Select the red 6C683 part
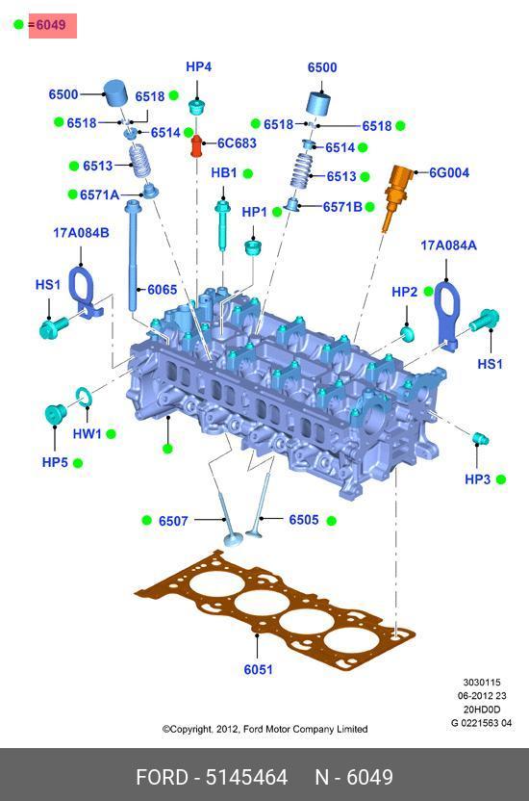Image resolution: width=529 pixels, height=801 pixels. pyautogui.click(x=197, y=145)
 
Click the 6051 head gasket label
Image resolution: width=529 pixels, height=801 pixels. pyautogui.click(x=258, y=669)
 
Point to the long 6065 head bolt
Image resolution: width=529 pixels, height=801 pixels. pyautogui.click(x=134, y=255)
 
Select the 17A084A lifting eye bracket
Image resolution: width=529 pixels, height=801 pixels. pyautogui.click(x=448, y=316)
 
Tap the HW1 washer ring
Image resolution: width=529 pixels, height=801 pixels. pyautogui.click(x=84, y=397)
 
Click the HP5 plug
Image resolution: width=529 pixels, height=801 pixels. pyautogui.click(x=55, y=414)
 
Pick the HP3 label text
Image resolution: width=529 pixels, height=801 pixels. pyautogui.click(x=477, y=479)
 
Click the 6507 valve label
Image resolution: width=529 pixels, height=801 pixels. pyautogui.click(x=173, y=521)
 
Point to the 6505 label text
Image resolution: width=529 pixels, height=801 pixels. pyautogui.click(x=304, y=520)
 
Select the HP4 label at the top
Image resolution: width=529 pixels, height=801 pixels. pyautogui.click(x=198, y=66)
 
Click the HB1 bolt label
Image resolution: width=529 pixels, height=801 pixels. pyautogui.click(x=224, y=173)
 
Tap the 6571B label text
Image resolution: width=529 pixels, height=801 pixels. pyautogui.click(x=342, y=207)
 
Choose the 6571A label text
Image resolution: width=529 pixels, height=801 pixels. pyautogui.click(x=99, y=194)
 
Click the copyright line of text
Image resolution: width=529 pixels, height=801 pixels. pyautogui.click(x=264, y=729)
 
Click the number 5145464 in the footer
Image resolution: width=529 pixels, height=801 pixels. pyautogui.click(x=246, y=777)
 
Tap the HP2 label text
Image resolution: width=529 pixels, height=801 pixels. pyautogui.click(x=405, y=292)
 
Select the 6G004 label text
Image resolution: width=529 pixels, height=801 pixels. pyautogui.click(x=449, y=172)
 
